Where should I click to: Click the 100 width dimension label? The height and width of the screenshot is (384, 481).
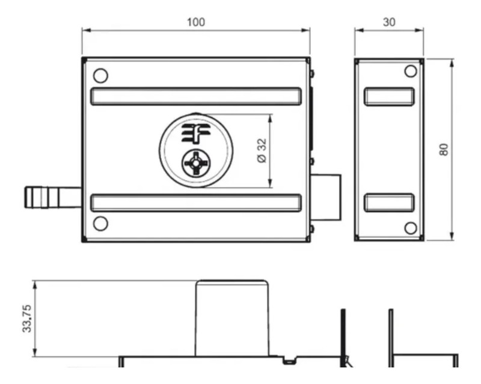pyautogui.click(x=195, y=22)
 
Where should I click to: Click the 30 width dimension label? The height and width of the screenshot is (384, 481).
pyautogui.click(x=389, y=22)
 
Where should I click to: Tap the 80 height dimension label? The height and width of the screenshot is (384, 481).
pyautogui.click(x=444, y=150)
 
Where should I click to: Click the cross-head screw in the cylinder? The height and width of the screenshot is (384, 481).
pyautogui.click(x=195, y=163)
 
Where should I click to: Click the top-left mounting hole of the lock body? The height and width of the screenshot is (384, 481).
pyautogui.click(x=101, y=76)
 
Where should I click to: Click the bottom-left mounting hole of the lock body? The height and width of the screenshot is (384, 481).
pyautogui.click(x=101, y=224)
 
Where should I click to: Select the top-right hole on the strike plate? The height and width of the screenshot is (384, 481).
pyautogui.click(x=411, y=72)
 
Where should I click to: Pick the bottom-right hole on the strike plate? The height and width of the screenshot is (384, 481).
pyautogui.click(x=411, y=228)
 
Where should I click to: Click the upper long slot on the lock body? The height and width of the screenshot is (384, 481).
pyautogui.click(x=195, y=96)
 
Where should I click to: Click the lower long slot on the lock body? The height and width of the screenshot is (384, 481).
pyautogui.click(x=195, y=203)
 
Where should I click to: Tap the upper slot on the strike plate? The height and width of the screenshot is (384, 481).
pyautogui.click(x=389, y=96)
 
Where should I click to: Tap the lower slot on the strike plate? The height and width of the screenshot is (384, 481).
pyautogui.click(x=389, y=203)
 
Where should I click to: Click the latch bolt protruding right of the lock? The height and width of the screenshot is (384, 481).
pyautogui.click(x=326, y=197)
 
